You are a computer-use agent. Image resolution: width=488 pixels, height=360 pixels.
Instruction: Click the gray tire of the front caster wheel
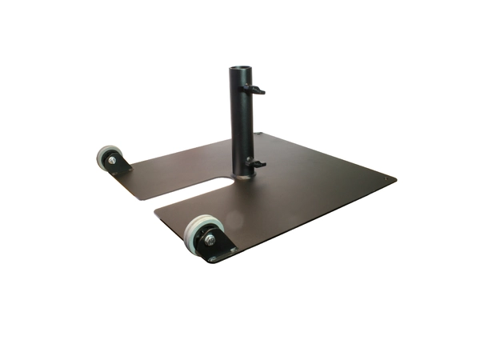(x=192, y=231)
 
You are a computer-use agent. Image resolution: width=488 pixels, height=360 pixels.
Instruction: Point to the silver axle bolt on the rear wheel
(x=111, y=161)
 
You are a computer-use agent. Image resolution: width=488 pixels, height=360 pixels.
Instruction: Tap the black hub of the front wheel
(x=203, y=237)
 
